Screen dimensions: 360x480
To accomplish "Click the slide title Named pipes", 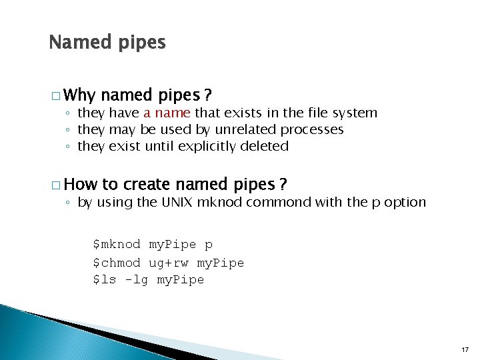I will point(107,43).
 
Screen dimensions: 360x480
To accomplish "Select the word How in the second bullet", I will point(82,184).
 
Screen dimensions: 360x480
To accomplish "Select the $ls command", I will point(105,280).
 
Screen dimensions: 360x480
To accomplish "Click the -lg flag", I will point(137,280).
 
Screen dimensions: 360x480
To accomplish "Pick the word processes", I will point(312,129).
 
